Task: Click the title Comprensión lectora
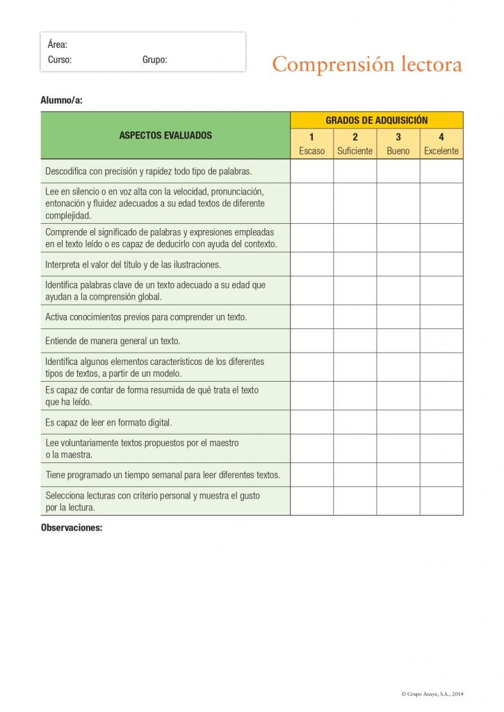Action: (x=366, y=65)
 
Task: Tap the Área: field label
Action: (x=58, y=44)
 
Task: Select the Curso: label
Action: (x=60, y=60)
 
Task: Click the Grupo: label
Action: (x=154, y=60)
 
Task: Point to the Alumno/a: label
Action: (x=62, y=100)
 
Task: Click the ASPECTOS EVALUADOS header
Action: (x=165, y=136)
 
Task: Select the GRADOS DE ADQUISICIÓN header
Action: (x=376, y=120)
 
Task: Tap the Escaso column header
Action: (x=311, y=151)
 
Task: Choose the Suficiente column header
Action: (x=355, y=151)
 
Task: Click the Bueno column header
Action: (x=398, y=151)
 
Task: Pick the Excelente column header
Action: (x=441, y=151)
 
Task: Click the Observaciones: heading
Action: (x=72, y=528)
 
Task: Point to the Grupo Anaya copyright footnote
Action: (x=432, y=694)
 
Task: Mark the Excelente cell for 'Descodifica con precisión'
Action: (x=441, y=171)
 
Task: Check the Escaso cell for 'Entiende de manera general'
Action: (x=311, y=341)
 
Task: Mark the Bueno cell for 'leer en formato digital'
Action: (x=398, y=422)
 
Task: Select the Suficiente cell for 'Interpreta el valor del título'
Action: (x=355, y=264)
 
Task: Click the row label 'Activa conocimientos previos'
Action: (x=146, y=317)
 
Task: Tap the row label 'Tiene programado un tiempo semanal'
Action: (x=163, y=475)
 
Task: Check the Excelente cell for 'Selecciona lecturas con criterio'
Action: (x=441, y=501)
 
